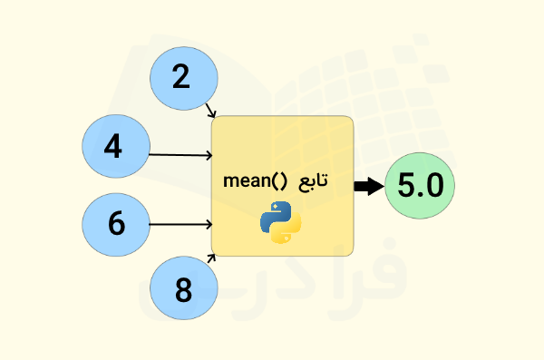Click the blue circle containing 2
181,77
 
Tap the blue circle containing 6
115,223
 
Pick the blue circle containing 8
184,291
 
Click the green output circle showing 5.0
419,187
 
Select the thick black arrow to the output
368,187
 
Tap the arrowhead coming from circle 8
213,258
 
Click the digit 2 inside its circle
181,78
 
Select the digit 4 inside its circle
113,147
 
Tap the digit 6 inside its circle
115,223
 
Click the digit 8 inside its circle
184,291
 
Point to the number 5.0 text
419,187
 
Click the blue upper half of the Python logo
275,214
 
